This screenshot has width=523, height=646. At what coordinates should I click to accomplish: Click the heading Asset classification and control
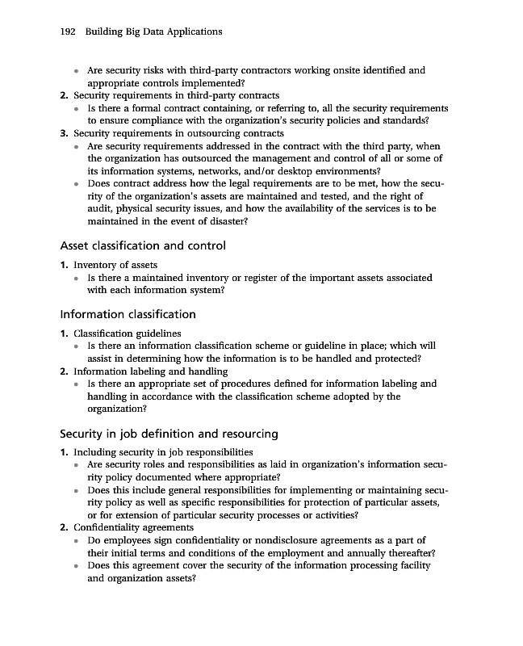coord(143,245)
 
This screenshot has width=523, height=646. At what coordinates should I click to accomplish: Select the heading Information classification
coord(128,314)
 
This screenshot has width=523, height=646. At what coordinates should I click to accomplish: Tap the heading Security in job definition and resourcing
coord(169,434)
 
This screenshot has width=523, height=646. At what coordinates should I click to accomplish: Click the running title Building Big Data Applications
coord(153,31)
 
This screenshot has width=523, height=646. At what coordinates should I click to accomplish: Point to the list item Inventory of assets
coord(115,265)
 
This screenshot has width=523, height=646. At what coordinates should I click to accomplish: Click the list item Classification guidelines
coord(128,333)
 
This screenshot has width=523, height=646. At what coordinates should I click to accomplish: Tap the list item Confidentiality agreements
coord(133,527)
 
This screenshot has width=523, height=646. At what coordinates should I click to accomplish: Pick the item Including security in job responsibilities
coord(163,452)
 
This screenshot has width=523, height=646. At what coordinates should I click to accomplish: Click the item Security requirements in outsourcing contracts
coord(178,133)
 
